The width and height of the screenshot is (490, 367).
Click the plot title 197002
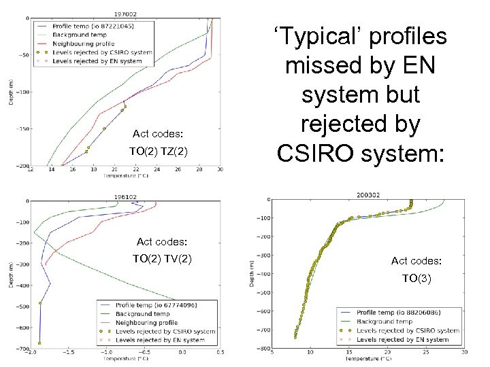pos(125,13)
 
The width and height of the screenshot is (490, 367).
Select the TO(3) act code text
pos(416,278)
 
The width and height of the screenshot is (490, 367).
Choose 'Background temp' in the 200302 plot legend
pos(385,321)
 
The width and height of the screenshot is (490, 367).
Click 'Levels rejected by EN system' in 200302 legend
pos(402,339)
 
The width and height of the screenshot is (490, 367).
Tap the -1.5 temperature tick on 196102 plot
pos(67,353)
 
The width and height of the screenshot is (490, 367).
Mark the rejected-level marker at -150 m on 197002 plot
pos(104,128)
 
